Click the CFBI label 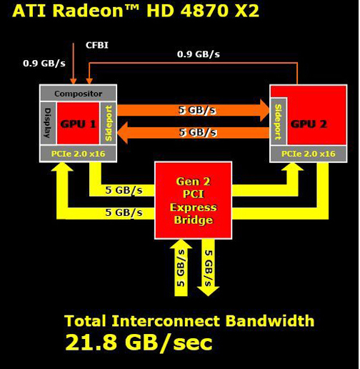click(x=97, y=45)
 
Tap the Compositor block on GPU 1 click(x=78, y=93)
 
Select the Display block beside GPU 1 click(x=48, y=123)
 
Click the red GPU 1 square click(x=78, y=123)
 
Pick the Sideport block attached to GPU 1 click(x=109, y=123)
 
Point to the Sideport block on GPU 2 click(x=279, y=122)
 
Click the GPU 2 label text click(x=309, y=124)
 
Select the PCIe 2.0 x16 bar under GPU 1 click(x=78, y=154)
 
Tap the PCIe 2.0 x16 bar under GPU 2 click(x=309, y=154)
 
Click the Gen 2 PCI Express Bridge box click(x=194, y=200)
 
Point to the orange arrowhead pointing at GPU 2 click(x=265, y=110)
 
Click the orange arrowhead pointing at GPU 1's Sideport click(x=123, y=132)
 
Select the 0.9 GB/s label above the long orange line click(x=199, y=54)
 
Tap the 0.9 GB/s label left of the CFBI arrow click(x=44, y=63)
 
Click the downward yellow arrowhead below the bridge click(x=209, y=291)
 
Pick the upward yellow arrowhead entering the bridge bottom click(x=181, y=244)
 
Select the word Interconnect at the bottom click(x=166, y=320)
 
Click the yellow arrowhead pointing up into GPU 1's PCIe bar click(x=62, y=167)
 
